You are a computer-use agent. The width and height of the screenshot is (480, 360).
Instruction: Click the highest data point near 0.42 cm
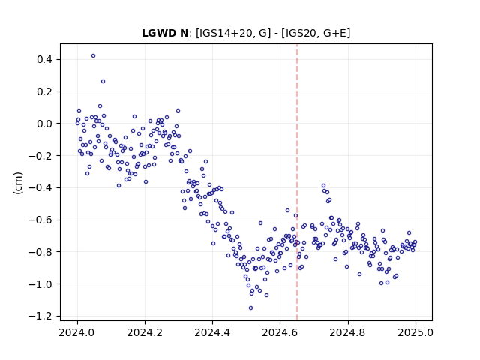[93, 56]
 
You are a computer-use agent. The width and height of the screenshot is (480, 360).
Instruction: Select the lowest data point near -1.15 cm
[250, 308]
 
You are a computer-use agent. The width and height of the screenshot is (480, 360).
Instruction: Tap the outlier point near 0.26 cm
[103, 82]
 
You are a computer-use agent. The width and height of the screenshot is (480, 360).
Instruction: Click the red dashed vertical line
[297, 182]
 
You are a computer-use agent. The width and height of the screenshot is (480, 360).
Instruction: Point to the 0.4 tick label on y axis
[44, 59]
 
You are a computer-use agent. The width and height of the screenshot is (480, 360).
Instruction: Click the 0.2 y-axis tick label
[44, 91]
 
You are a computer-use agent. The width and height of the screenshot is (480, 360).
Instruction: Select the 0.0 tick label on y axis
[44, 124]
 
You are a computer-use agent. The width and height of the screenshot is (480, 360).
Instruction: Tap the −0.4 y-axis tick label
[40, 188]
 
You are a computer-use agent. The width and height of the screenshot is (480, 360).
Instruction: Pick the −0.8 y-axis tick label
[40, 252]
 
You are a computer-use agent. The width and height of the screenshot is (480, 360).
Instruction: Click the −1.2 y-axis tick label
[40, 316]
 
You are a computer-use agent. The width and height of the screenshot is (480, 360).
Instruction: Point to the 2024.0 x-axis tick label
[77, 332]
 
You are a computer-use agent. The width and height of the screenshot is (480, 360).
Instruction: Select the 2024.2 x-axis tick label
[145, 332]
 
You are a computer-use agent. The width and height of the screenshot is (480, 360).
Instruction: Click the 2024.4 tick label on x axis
[212, 332]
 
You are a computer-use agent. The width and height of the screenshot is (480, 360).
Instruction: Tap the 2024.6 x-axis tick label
[280, 332]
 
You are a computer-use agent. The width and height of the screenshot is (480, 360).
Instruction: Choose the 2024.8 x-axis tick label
[347, 332]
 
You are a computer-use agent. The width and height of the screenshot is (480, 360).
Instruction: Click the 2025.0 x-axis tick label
[415, 332]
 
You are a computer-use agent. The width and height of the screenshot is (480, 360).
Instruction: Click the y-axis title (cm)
[18, 183]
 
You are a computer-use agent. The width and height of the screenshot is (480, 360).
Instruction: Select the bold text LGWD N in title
[165, 33]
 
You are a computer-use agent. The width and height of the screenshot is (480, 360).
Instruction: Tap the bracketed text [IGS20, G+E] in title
[316, 33]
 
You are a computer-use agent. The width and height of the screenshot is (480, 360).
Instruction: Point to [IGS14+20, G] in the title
[233, 33]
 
